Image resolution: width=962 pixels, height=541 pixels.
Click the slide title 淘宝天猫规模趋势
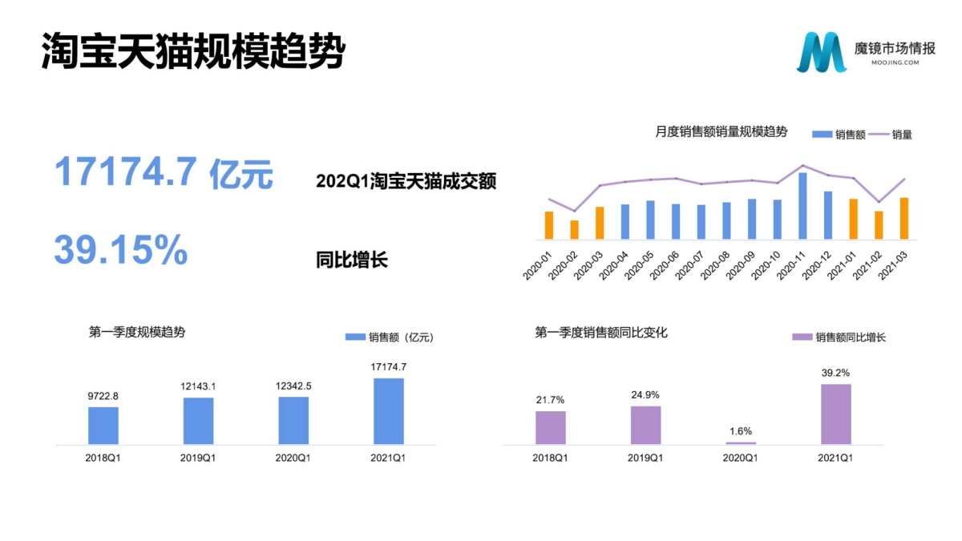click(193, 51)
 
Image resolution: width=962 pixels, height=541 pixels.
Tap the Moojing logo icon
click(821, 52)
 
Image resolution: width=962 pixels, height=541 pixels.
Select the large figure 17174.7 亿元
click(164, 173)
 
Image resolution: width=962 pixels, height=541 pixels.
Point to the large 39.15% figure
click(121, 250)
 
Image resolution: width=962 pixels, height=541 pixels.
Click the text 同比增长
click(352, 260)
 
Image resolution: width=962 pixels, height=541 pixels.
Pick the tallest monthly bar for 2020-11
click(802, 205)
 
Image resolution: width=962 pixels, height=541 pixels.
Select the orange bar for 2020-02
click(574, 230)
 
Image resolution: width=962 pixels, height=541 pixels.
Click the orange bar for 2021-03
click(904, 218)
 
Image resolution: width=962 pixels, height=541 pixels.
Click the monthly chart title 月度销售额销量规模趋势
click(721, 132)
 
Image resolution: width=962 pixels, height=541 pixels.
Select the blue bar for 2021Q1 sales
click(389, 411)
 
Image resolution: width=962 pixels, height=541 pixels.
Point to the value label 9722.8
click(103, 396)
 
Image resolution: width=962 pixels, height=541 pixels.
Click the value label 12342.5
click(293, 386)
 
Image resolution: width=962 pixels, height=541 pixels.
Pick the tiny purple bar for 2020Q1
click(740, 442)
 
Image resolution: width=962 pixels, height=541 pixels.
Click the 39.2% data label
click(835, 373)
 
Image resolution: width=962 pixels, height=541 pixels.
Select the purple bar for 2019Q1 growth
click(645, 425)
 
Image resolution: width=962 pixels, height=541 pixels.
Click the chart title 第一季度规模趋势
click(137, 332)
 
